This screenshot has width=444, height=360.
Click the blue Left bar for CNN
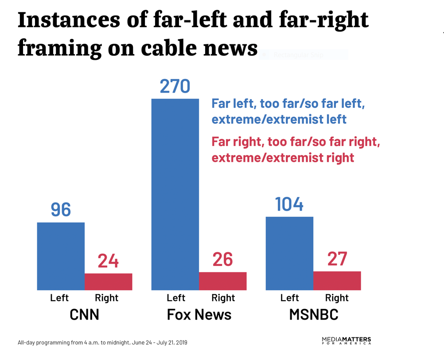pyautogui.click(x=61, y=256)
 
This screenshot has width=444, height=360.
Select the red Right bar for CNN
pyautogui.click(x=109, y=282)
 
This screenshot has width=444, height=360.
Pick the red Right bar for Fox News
pyautogui.click(x=223, y=281)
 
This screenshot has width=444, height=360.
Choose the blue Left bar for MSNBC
pyautogui.click(x=289, y=253)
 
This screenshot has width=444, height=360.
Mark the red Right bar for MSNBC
pyautogui.click(x=337, y=281)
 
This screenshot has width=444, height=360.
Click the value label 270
pyautogui.click(x=175, y=86)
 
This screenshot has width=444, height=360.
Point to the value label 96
pyautogui.click(x=61, y=210)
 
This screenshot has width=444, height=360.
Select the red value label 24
pyautogui.click(x=108, y=261)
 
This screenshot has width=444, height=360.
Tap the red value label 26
pyautogui.click(x=222, y=260)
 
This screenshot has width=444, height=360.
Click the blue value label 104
pyautogui.click(x=289, y=204)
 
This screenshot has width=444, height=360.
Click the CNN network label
pyautogui.click(x=84, y=314)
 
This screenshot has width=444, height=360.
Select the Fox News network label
pyautogui.click(x=199, y=314)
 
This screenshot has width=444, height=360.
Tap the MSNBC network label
pyautogui.click(x=313, y=314)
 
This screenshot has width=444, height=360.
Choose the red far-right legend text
pyautogui.click(x=296, y=150)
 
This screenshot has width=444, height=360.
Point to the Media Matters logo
pyautogui.click(x=346, y=341)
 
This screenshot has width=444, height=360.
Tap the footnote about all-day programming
pyautogui.click(x=102, y=343)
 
